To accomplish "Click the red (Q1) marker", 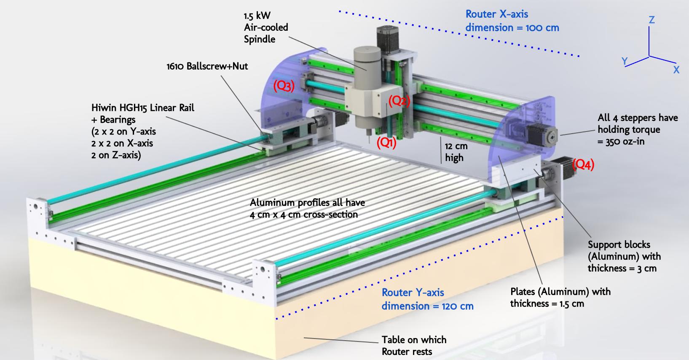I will [386, 143].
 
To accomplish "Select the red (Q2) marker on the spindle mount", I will [399, 101].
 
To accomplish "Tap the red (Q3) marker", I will [283, 86].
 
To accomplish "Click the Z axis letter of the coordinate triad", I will [651, 20].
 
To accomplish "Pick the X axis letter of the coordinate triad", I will [676, 70].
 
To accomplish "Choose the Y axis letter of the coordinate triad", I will [625, 62].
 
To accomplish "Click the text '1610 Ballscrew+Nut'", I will [207, 66].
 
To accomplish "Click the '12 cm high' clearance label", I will [456, 152].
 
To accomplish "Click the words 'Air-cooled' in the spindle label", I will [266, 27].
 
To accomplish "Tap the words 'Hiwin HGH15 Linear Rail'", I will [143, 108].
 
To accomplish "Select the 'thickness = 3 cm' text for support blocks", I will [622, 268].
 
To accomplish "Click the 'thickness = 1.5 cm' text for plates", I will [547, 304].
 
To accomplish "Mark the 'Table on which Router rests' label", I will [413, 345].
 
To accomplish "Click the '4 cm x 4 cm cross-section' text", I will [303, 215].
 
